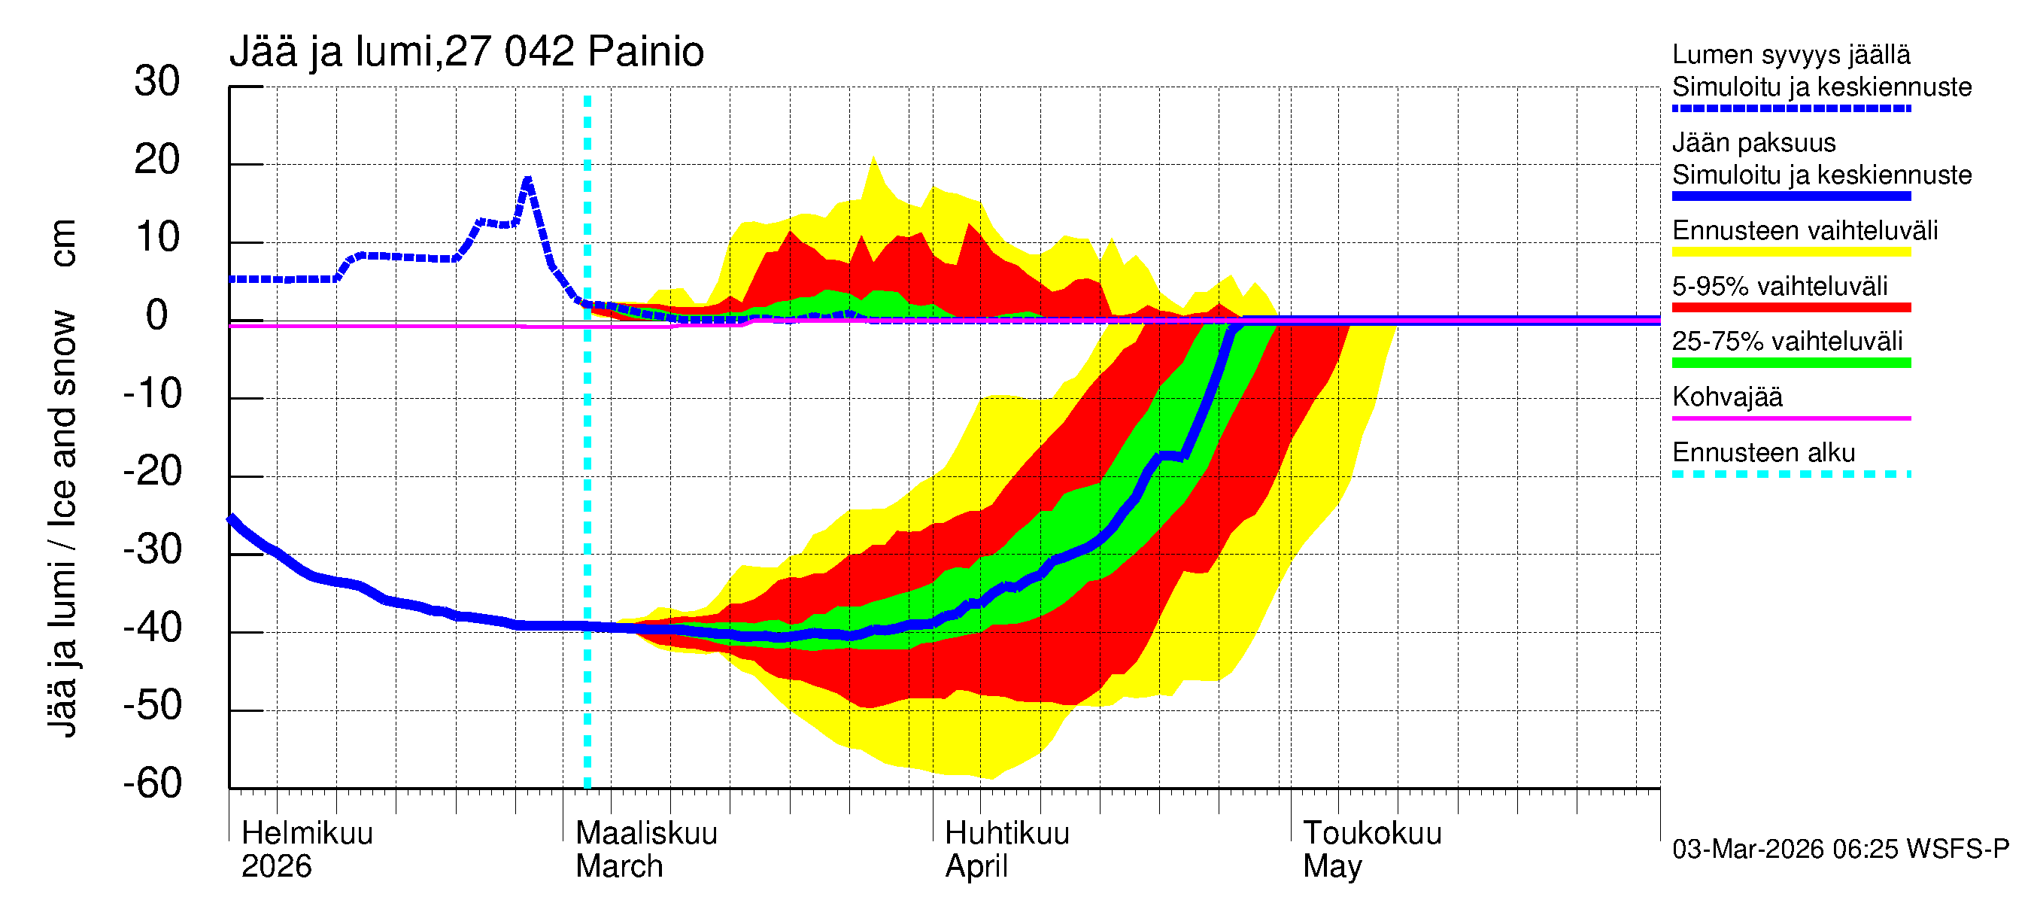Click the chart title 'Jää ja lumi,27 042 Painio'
[x=466, y=52]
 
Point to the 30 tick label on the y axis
[x=157, y=81]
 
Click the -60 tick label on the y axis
[x=153, y=783]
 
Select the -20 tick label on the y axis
[x=153, y=472]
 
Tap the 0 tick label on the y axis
[x=157, y=315]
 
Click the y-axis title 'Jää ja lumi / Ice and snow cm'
[x=62, y=477]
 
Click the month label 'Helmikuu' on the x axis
[x=307, y=833]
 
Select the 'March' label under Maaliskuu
[x=619, y=867]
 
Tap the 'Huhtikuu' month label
[x=1006, y=833]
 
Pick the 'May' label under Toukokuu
[x=1331, y=867]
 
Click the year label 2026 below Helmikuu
[x=276, y=867]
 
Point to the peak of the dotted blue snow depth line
[x=527, y=180]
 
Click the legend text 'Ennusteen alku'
[x=1764, y=453]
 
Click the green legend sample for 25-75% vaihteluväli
[x=1790, y=363]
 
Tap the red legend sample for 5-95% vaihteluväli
[x=1790, y=308]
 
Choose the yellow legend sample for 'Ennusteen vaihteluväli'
[x=1790, y=252]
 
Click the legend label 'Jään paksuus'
[x=1753, y=143]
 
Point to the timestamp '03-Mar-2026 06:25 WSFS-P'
[x=1840, y=850]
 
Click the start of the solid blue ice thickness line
[x=231, y=518]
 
